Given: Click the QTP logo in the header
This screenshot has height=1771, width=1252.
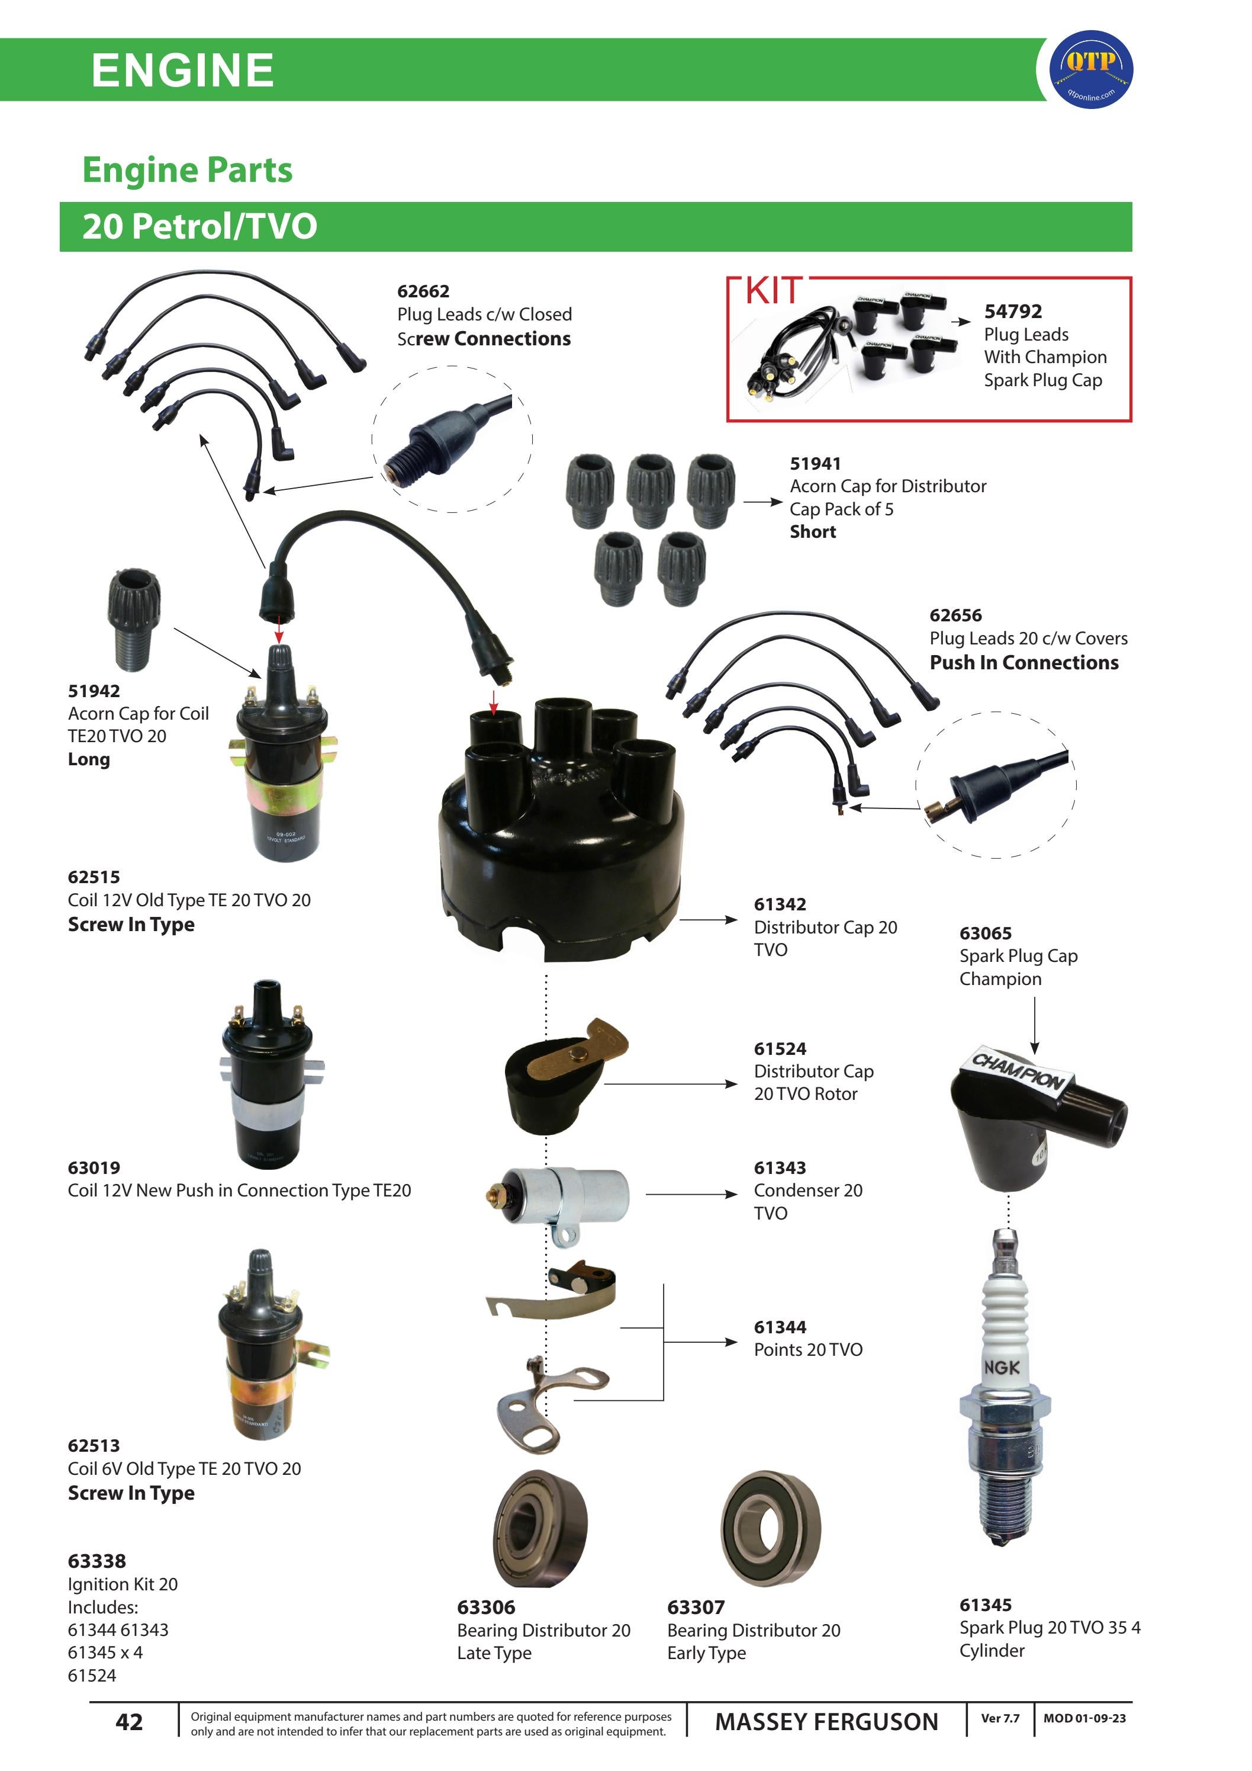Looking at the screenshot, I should coord(1091,69).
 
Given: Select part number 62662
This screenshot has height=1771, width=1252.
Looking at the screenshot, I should coord(423,291).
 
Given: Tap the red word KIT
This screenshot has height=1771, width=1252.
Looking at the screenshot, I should coord(773,291).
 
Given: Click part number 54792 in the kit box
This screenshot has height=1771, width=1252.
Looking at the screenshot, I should coord(1012,312).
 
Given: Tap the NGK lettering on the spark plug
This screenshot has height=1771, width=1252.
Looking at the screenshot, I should coord(1002,1368).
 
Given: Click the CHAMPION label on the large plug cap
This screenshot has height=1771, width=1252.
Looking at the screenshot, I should coord(1018,1071).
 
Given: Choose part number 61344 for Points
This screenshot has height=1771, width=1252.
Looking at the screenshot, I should coord(780,1327).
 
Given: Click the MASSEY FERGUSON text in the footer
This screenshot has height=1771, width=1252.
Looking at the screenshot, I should coord(826,1722).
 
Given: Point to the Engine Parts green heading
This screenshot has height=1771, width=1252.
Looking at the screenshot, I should coord(187,169).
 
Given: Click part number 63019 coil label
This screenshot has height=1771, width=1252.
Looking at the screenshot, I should coord(94,1168).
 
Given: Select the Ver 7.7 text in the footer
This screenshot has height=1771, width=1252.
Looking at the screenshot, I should coord(1000,1718).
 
